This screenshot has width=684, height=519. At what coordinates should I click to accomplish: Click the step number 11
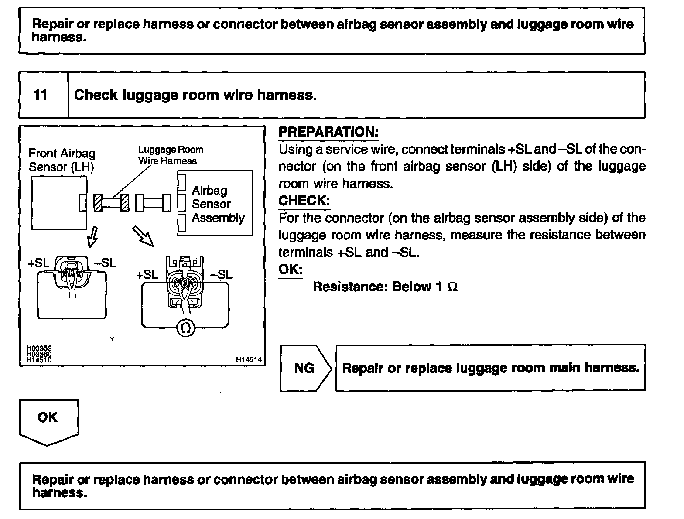(41, 95)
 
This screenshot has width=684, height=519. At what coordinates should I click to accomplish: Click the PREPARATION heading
(328, 132)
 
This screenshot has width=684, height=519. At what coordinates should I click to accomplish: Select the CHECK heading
(304, 201)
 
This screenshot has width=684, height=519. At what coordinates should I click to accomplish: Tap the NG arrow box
(305, 368)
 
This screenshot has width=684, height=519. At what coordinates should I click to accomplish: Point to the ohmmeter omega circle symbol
(185, 328)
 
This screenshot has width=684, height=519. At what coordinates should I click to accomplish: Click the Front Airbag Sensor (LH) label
(62, 160)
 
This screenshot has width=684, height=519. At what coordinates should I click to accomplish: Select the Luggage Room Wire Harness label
(171, 155)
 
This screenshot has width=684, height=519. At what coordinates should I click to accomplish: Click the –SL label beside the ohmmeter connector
(221, 274)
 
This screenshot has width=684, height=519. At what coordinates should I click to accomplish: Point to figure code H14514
(249, 360)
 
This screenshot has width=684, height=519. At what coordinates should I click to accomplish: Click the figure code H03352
(39, 348)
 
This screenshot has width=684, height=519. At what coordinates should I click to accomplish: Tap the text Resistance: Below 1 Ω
(385, 287)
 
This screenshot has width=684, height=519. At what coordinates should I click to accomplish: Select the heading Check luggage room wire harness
(195, 95)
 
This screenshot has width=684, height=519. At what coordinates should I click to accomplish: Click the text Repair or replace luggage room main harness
(490, 368)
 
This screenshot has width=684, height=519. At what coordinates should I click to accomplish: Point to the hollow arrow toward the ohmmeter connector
(144, 236)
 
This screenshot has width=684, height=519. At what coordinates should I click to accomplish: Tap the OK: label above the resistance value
(291, 269)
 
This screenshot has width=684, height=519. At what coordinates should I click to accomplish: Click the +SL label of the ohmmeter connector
(147, 274)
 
